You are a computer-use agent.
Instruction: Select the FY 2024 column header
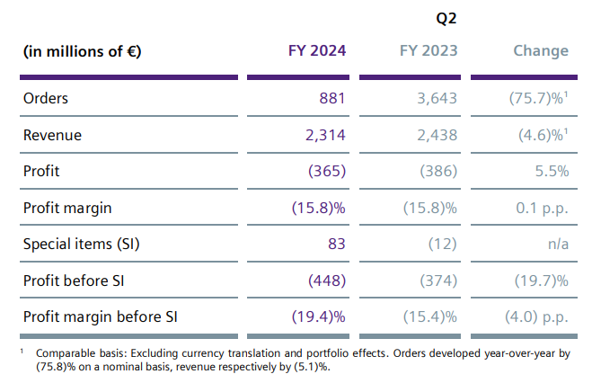pyautogui.click(x=318, y=50)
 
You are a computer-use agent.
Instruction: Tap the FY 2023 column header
pyautogui.click(x=429, y=50)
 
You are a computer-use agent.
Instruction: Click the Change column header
pyautogui.click(x=541, y=50)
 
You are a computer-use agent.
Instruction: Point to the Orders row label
pyautogui.click(x=46, y=98)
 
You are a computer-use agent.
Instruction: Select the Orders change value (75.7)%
pyautogui.click(x=537, y=98)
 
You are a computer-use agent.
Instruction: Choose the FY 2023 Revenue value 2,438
pyautogui.click(x=436, y=135)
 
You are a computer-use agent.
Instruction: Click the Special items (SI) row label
pyautogui.click(x=82, y=244)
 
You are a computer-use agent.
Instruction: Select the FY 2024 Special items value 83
pyautogui.click(x=337, y=244)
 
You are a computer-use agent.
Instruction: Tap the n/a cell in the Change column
pyautogui.click(x=557, y=244)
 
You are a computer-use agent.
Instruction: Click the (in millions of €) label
pyautogui.click(x=82, y=51)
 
